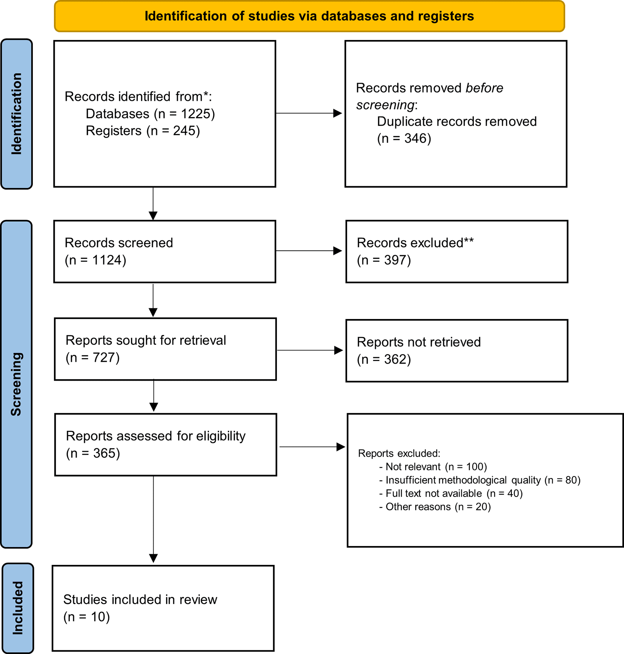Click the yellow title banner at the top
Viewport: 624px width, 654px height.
pos(309,16)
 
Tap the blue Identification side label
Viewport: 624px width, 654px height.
pos(17,114)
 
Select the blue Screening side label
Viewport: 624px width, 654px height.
pos(17,384)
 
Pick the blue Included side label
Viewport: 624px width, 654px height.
pos(18,608)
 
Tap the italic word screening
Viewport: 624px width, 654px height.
pos(385,105)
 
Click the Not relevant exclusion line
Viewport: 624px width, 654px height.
pos(433,467)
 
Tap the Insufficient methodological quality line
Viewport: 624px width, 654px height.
pos(480,480)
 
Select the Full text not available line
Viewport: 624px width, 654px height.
pos(451,493)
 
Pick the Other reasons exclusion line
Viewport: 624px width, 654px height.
pos(435,507)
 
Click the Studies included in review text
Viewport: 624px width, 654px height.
pos(140,600)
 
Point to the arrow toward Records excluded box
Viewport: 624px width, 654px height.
pos(309,251)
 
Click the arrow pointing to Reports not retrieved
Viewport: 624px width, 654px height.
pos(310,350)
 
